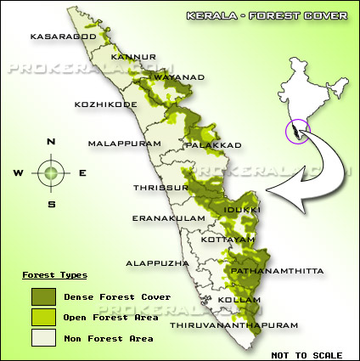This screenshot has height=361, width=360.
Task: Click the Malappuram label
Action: pos(124,144)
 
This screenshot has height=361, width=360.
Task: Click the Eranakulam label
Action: pos(169,218)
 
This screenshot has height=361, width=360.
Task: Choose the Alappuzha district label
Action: pos(157,264)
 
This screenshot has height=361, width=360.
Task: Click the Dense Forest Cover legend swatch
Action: pos(42,296)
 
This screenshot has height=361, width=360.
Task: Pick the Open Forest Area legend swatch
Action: pos(42,318)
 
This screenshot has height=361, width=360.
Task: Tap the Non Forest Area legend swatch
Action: pos(42,339)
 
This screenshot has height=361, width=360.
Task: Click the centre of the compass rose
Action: pos(52,172)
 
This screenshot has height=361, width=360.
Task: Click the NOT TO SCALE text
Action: pos(307,354)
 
